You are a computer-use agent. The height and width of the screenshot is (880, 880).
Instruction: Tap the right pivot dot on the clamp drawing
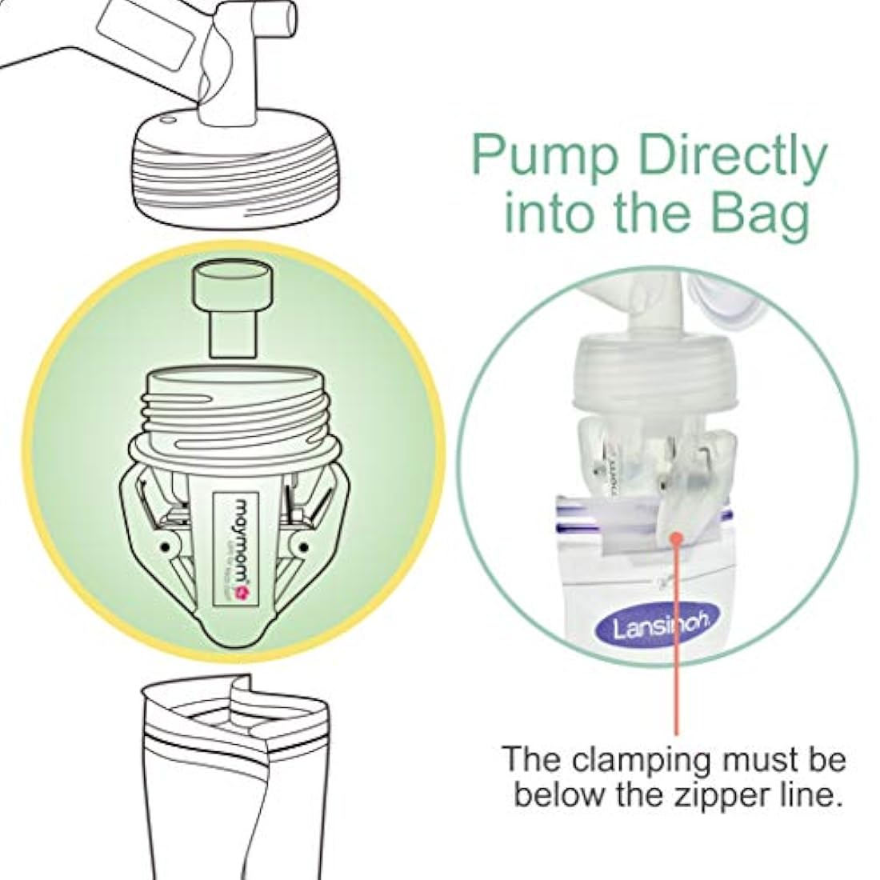click(303, 547)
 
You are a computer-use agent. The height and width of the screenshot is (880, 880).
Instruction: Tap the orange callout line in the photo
click(678, 640)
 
